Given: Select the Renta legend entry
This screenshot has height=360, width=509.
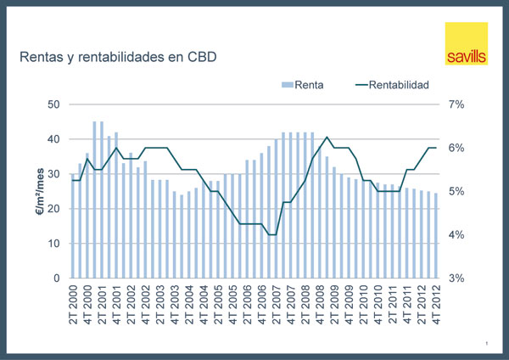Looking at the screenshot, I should [308, 85].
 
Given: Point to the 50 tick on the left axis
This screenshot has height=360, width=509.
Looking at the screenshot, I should [53, 104].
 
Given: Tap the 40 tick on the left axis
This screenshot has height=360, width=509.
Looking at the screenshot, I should [53, 139].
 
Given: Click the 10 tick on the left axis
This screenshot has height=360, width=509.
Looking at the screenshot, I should [53, 244].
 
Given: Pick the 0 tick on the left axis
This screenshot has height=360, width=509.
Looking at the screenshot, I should [55, 278].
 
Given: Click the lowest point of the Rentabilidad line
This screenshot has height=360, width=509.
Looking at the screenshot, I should [271, 234].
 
